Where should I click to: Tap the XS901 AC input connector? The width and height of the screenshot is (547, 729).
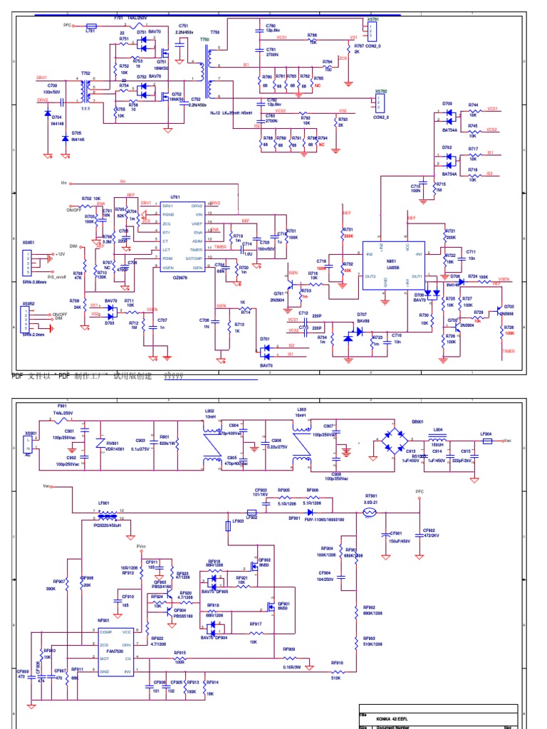click(x=28, y=443)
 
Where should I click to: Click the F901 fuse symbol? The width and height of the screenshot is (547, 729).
click(x=61, y=419)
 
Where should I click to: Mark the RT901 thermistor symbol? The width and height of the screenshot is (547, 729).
click(x=370, y=510)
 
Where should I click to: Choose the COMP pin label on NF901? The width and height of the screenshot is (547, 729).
click(x=105, y=631)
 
